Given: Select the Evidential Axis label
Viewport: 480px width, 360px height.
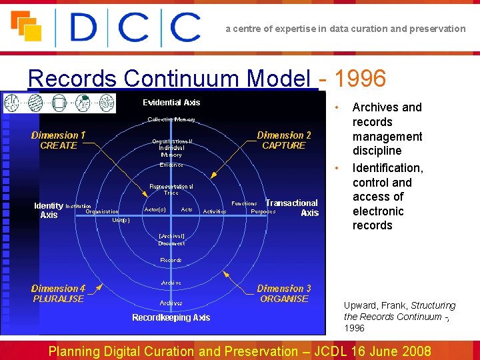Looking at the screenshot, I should tap(171, 103).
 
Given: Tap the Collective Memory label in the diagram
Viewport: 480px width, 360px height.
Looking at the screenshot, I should tap(171, 120).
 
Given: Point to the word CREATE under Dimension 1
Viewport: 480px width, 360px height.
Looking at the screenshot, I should tap(59, 145).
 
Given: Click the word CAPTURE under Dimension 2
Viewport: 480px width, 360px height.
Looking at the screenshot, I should tap(283, 145).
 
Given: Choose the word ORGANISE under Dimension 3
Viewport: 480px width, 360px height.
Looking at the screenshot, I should tap(284, 299).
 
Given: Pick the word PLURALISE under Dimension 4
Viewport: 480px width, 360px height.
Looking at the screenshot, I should tap(59, 299).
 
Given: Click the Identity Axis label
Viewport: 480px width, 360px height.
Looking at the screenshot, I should tap(49, 210).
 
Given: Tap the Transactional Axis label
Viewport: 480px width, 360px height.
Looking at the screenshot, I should tap(293, 207).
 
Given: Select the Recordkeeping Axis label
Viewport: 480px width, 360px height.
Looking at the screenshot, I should tap(171, 317).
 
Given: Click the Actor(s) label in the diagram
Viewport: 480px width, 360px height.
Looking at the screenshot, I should tap(155, 209).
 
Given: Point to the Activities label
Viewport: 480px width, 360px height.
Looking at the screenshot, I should tap(214, 211).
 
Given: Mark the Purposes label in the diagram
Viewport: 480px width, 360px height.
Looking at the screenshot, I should tap(263, 211).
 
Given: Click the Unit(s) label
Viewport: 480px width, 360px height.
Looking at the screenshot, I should tap(121, 219).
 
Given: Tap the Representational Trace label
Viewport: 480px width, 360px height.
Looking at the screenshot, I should tap(171, 189).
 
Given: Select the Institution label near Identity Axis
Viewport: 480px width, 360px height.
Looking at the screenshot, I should tap(79, 206).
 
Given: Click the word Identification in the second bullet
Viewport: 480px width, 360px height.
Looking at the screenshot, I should tap(387, 168).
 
